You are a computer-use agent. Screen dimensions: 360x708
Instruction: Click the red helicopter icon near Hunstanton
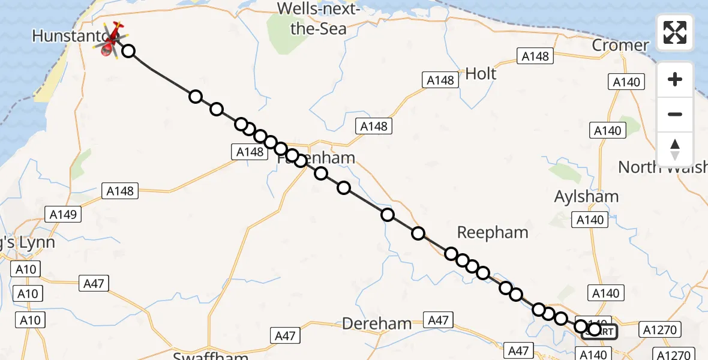tap(112, 40)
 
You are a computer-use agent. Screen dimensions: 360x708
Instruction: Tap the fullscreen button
tap(675, 32)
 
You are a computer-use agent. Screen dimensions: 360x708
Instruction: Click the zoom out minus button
tap(675, 114)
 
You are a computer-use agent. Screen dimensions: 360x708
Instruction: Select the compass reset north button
tap(675, 149)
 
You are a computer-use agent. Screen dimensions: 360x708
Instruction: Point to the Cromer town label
tap(620, 46)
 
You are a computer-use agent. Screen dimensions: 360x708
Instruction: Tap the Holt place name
tap(481, 74)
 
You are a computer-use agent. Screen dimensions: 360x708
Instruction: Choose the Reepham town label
tap(493, 232)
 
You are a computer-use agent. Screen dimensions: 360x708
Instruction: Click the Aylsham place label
tap(586, 196)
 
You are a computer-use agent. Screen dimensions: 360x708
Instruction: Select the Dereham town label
tap(377, 324)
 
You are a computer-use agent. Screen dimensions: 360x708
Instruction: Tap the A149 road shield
tap(64, 214)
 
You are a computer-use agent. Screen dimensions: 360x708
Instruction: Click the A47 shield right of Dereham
tap(438, 320)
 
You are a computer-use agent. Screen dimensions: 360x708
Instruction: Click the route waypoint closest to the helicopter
tap(128, 51)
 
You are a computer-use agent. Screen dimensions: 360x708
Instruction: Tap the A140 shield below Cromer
tap(626, 82)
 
